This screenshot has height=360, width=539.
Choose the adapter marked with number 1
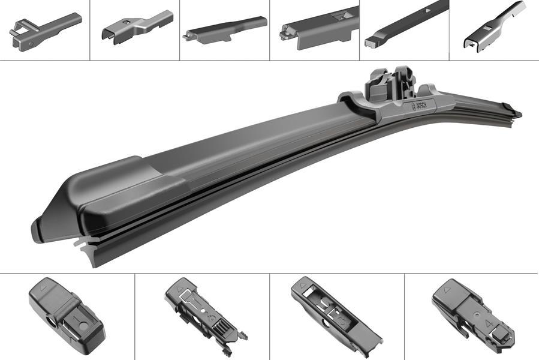pyautogui.click(x=66, y=316)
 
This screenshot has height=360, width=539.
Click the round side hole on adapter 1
pyautogui.click(x=50, y=327)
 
